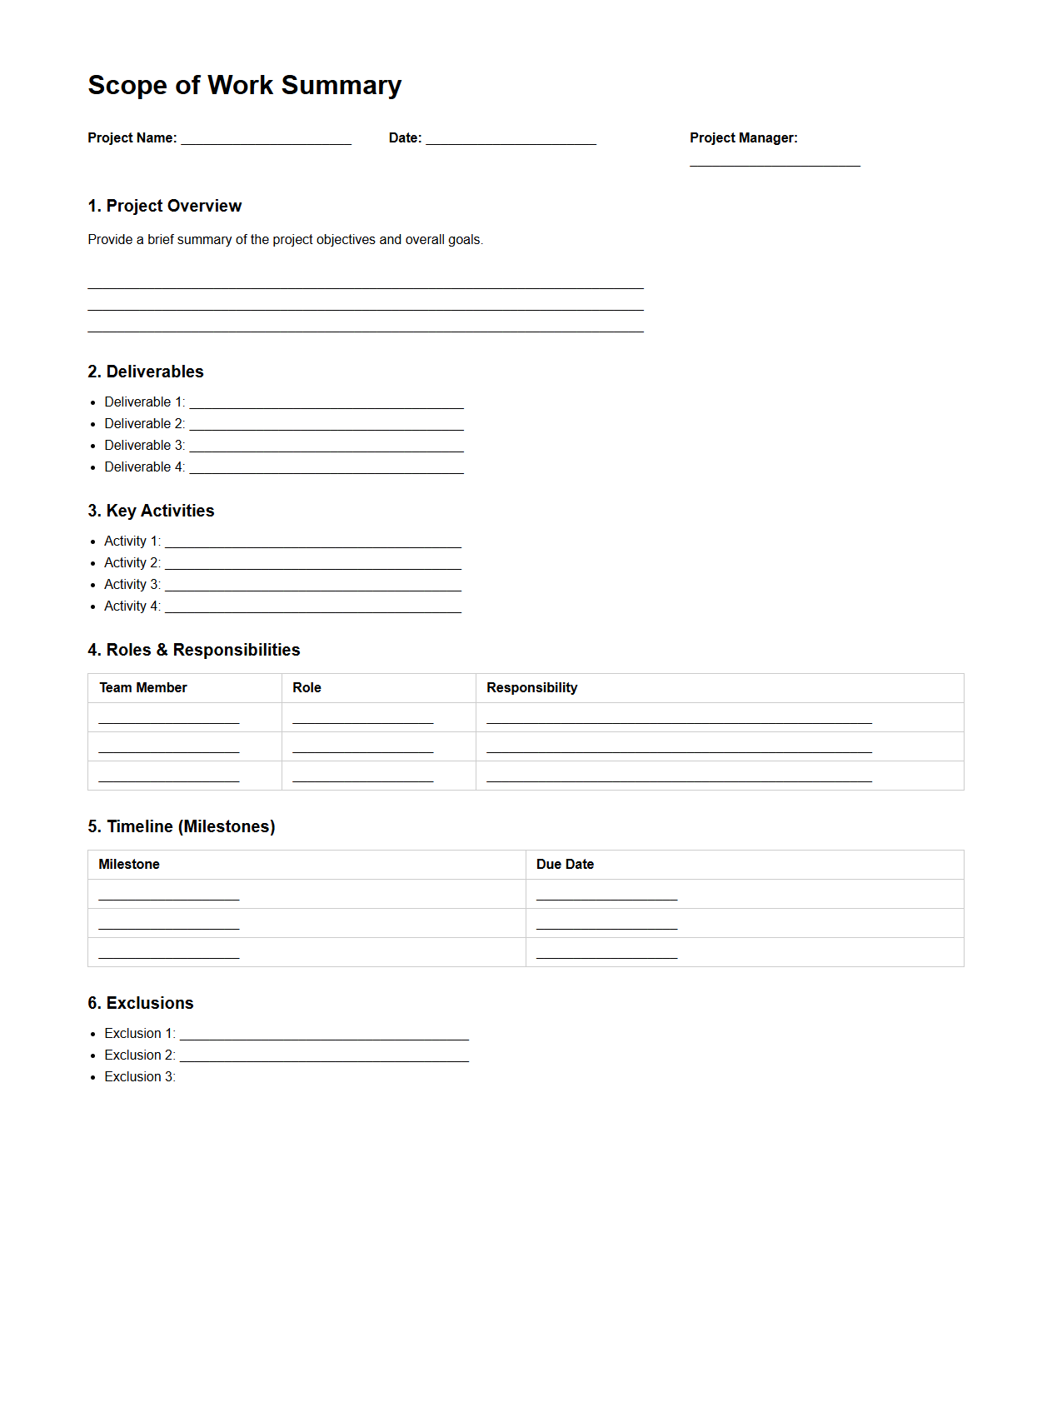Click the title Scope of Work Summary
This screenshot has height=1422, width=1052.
[244, 85]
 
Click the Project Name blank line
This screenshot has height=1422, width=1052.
[266, 141]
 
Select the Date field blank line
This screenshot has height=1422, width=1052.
[511, 141]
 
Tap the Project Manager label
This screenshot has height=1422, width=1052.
[743, 138]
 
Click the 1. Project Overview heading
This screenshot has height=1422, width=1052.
[164, 206]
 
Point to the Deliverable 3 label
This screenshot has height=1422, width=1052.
[144, 446]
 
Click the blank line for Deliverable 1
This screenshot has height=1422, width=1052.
[326, 405]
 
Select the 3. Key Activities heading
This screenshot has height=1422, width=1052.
[151, 511]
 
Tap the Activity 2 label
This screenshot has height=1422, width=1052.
[132, 563]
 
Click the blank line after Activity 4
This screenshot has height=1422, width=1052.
[312, 609]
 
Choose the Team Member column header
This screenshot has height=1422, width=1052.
[142, 688]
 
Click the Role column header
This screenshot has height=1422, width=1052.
[307, 688]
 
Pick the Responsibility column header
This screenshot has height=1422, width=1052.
[531, 688]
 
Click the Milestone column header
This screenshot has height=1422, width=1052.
[128, 865]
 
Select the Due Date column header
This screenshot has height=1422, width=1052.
[565, 865]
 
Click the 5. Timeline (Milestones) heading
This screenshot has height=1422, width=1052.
[181, 826]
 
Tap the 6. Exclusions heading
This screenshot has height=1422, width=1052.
[140, 1003]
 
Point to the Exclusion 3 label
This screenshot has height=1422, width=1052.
[139, 1077]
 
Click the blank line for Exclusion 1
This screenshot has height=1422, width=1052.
[324, 1036]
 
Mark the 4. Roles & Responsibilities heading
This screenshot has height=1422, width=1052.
[193, 650]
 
